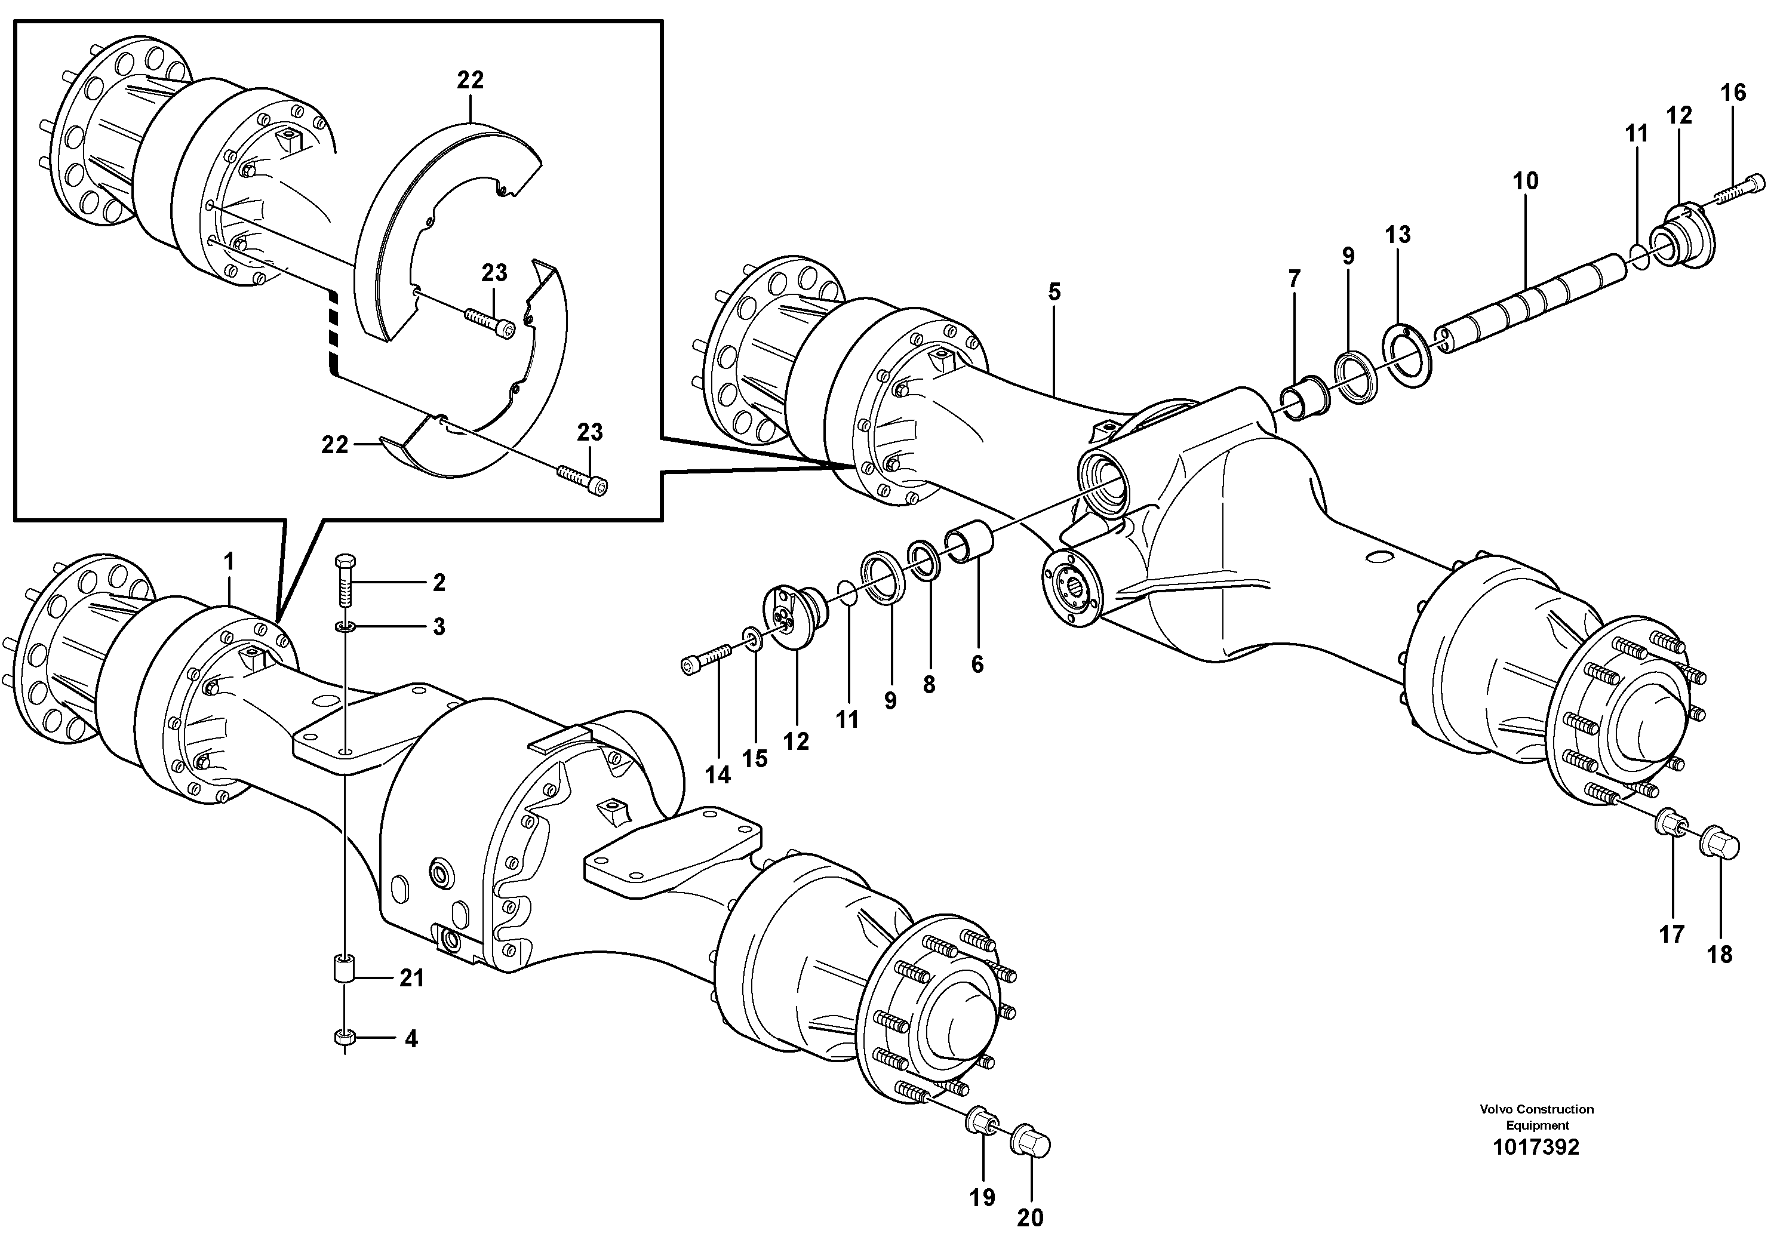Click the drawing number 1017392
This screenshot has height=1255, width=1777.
point(1536,1147)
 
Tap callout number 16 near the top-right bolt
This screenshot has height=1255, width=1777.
point(1733,93)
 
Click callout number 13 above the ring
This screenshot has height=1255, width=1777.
point(1398,235)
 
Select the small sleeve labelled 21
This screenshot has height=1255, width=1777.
point(343,971)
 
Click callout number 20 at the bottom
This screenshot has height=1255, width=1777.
point(1029,1218)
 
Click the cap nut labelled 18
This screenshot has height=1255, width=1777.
point(1719,845)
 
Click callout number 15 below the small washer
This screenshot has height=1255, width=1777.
point(755,758)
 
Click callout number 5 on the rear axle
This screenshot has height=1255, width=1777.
point(1054,293)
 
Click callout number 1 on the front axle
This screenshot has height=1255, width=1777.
point(228,561)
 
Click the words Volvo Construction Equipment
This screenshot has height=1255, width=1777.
point(1536,1116)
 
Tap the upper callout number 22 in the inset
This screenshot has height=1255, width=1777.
point(470,79)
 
